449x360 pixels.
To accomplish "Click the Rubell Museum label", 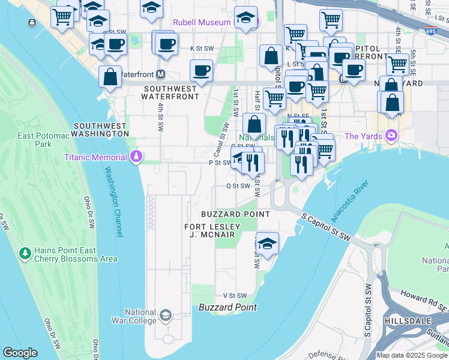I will click(x=201, y=22).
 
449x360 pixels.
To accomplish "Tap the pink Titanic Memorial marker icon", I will click(x=136, y=157).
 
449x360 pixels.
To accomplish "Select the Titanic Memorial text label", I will click(x=97, y=158).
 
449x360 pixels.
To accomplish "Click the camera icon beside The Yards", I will click(x=392, y=136).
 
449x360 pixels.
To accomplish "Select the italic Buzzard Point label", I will click(x=228, y=308).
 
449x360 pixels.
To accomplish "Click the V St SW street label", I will click(x=235, y=296).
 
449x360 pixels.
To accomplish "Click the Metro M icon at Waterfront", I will click(x=160, y=74).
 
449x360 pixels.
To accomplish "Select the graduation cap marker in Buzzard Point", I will click(x=267, y=244).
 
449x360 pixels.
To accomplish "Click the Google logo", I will click(x=20, y=353).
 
